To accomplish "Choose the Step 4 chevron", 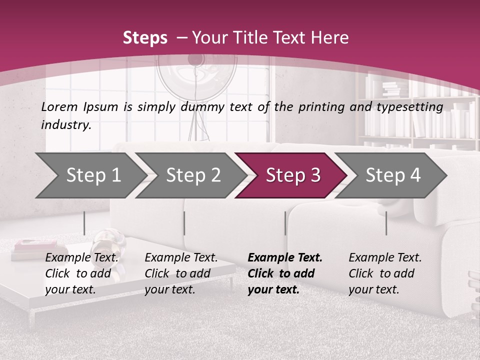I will (x=392, y=175).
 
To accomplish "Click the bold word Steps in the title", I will (x=145, y=38).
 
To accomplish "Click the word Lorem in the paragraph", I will (x=59, y=106).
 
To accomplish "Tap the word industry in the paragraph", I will (x=66, y=125).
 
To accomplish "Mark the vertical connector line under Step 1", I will (x=84, y=223).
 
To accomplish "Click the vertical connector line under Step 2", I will (x=184, y=223).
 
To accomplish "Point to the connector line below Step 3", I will (x=285, y=223).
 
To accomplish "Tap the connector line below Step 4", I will (x=386, y=223).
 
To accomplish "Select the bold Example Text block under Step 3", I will (x=284, y=273).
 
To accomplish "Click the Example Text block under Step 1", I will (x=81, y=273).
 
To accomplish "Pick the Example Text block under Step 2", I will (x=180, y=273).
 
